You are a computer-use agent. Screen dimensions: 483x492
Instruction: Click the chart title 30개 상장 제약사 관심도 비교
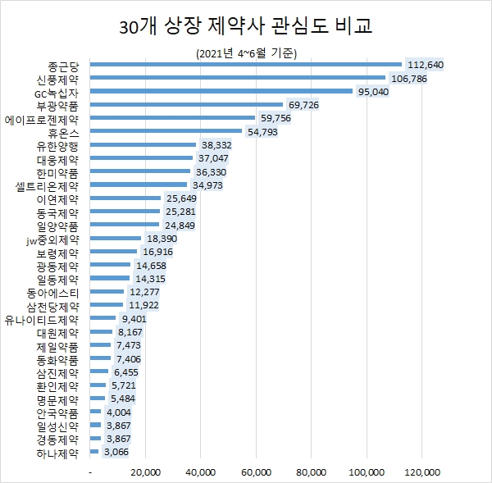pyautogui.click(x=245, y=25)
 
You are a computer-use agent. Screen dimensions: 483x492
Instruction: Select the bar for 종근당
pyautogui.click(x=246, y=65)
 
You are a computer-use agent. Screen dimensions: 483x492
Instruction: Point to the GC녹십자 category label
pyautogui.click(x=57, y=92)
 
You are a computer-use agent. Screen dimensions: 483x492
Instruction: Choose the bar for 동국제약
pyautogui.click(x=125, y=212)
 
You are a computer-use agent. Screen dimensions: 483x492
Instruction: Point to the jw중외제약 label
pyautogui.click(x=53, y=239)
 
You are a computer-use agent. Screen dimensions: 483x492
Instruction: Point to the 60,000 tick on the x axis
pyautogui.click(x=256, y=472)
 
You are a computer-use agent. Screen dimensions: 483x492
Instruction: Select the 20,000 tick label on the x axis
pyautogui.click(x=145, y=472)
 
